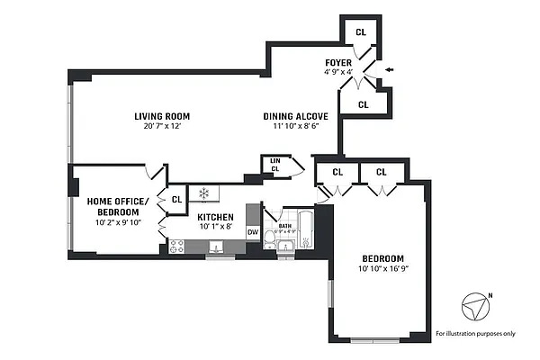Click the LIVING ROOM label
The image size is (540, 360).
click(162, 116)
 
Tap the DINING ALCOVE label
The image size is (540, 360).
click(294, 116)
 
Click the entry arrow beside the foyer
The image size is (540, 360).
click(388, 68)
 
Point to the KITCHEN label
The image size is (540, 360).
click(215, 217)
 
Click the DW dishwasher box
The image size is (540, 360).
click(253, 232)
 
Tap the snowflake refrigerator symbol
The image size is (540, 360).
click(203, 193)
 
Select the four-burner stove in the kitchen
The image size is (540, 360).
click(176, 246)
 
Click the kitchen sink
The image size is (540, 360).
click(217, 247)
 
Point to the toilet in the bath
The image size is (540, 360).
click(271, 238)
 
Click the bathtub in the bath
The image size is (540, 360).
click(305, 229)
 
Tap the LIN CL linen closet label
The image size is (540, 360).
click(274, 165)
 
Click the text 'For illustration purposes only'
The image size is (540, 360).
click(475, 334)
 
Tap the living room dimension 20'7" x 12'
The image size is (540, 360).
click(162, 128)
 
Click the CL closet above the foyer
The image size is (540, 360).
click(361, 31)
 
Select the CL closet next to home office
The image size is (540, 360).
click(177, 199)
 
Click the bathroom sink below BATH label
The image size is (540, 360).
click(286, 245)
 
